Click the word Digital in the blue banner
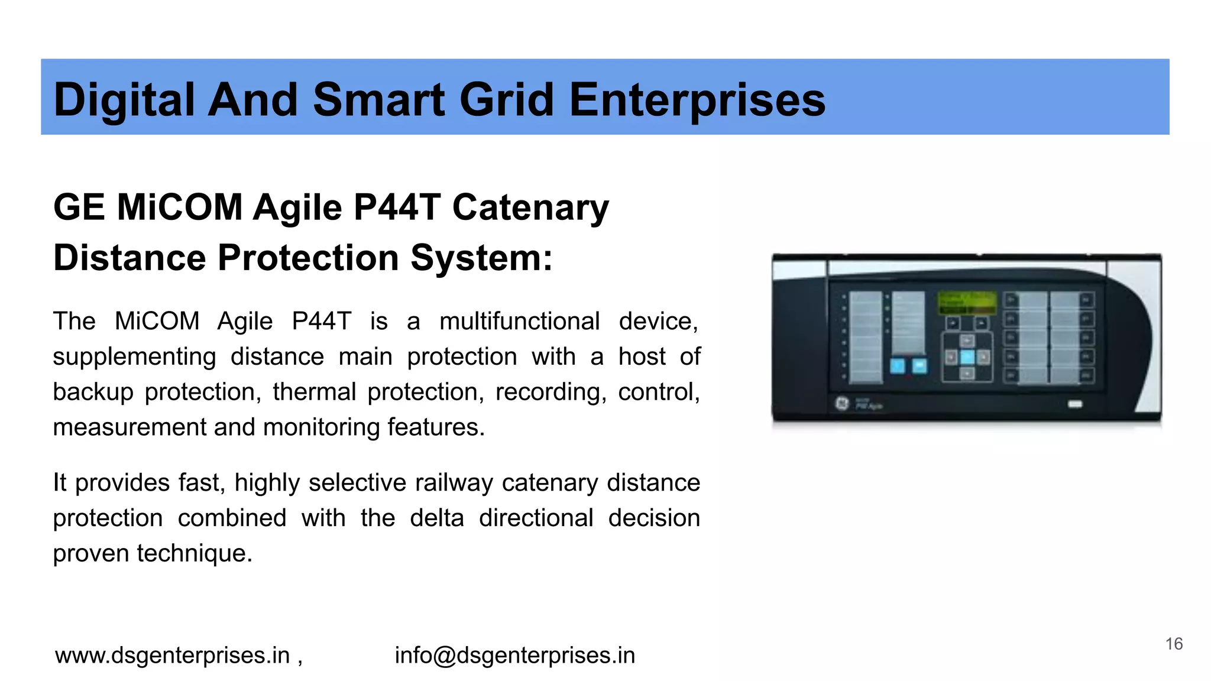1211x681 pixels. coord(124,99)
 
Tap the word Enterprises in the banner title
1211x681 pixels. coord(697,99)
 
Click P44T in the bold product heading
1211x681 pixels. coord(397,207)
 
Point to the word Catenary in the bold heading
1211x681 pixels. coord(530,207)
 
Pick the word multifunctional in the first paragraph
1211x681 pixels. coord(519,322)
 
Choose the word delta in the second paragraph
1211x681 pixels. coord(437,518)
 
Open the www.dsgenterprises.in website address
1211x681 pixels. coord(172,655)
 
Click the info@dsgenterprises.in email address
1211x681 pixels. coord(515,655)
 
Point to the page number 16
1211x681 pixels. coord(1174,644)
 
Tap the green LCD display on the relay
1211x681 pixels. coord(967,302)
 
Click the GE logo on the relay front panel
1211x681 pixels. coord(841,404)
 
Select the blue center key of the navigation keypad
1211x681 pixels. coord(967,357)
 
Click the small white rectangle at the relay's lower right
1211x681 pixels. coord(1075,404)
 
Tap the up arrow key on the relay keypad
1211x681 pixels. coord(967,341)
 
